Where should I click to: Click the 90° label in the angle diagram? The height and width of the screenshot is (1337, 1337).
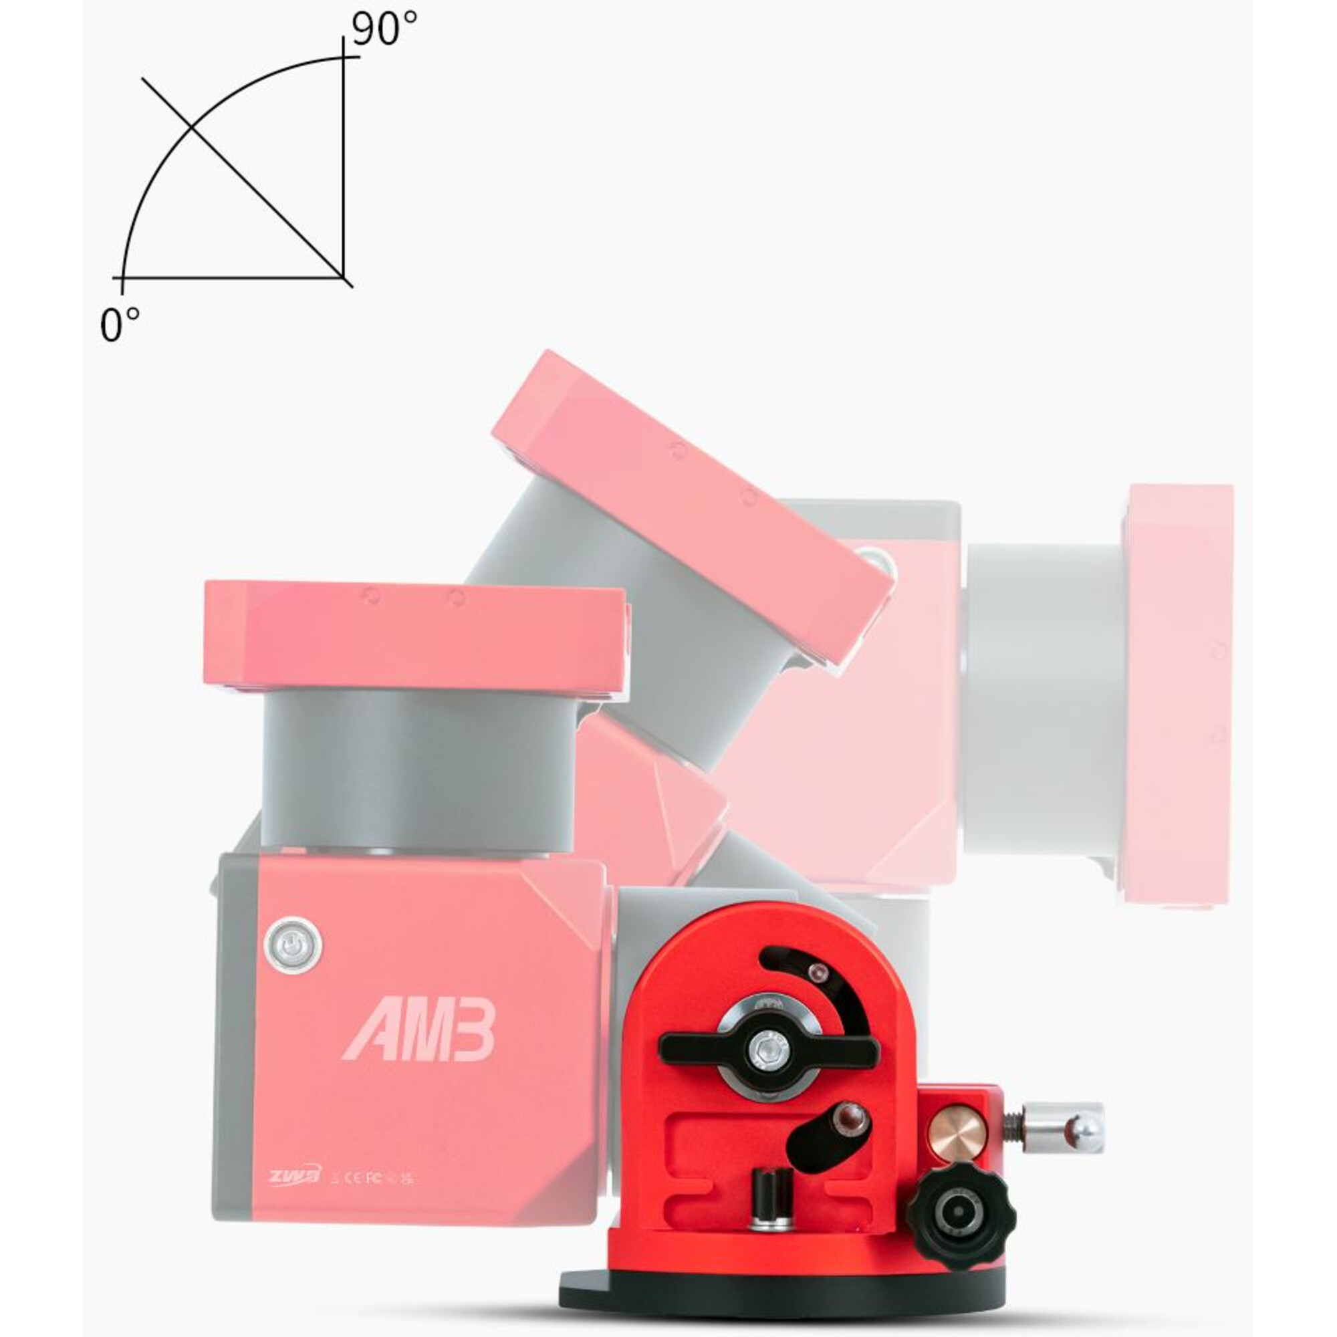(x=385, y=29)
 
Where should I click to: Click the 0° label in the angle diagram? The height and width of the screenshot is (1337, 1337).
(x=120, y=325)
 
